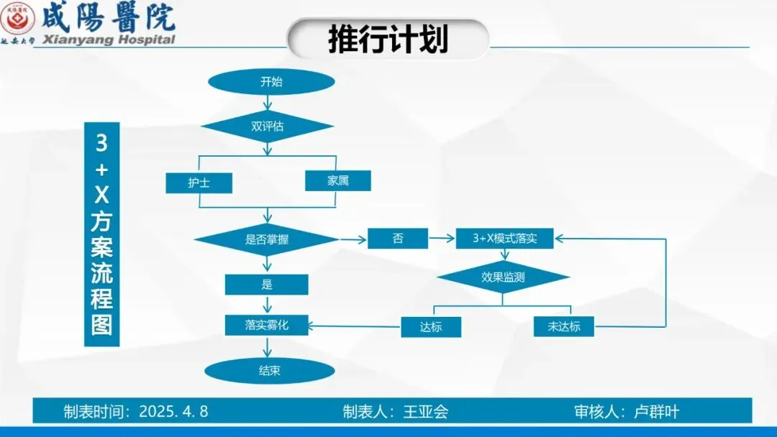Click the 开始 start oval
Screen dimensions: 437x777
tap(271, 82)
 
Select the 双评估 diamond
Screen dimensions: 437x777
tap(267, 126)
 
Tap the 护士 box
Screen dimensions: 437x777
tap(199, 183)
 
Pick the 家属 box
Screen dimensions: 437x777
tap(338, 180)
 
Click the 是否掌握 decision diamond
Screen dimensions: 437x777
tap(267, 240)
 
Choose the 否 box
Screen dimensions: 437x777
tap(398, 239)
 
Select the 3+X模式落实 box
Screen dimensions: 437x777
tap(505, 239)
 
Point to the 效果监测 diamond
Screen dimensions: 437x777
tap(503, 277)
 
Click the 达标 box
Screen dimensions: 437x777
tap(431, 327)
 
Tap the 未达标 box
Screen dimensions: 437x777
tap(564, 327)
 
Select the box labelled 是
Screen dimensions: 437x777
tap(267, 285)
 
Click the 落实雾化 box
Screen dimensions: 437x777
tap(267, 325)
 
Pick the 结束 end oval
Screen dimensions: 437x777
tap(270, 371)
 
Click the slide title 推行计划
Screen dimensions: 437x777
tap(388, 39)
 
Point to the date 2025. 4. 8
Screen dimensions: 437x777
tap(173, 411)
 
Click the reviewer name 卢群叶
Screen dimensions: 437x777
tap(655, 411)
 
